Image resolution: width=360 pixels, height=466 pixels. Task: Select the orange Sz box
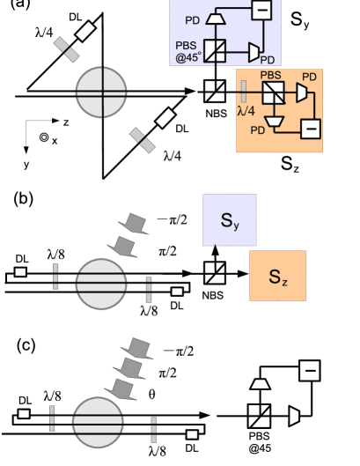(276, 275)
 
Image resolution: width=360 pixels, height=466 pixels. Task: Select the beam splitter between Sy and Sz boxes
(214, 271)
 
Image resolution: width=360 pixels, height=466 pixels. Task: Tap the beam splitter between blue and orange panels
(214, 89)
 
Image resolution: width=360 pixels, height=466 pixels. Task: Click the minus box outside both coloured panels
(309, 371)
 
